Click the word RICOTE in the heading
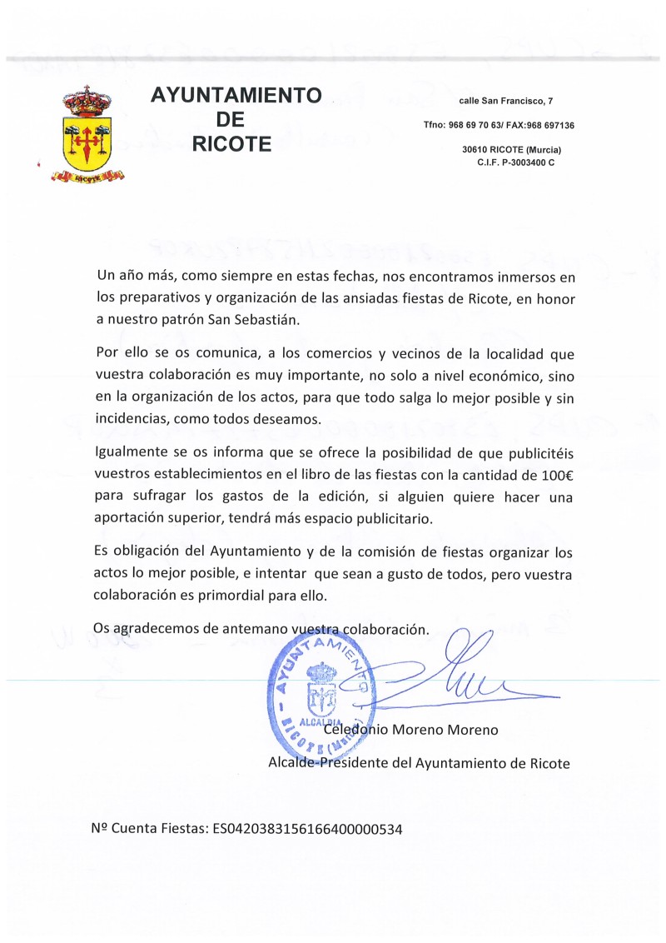tap(231, 144)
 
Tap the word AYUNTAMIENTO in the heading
tap(236, 96)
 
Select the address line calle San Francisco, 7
tap(505, 102)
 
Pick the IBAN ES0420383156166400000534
tap(308, 829)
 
